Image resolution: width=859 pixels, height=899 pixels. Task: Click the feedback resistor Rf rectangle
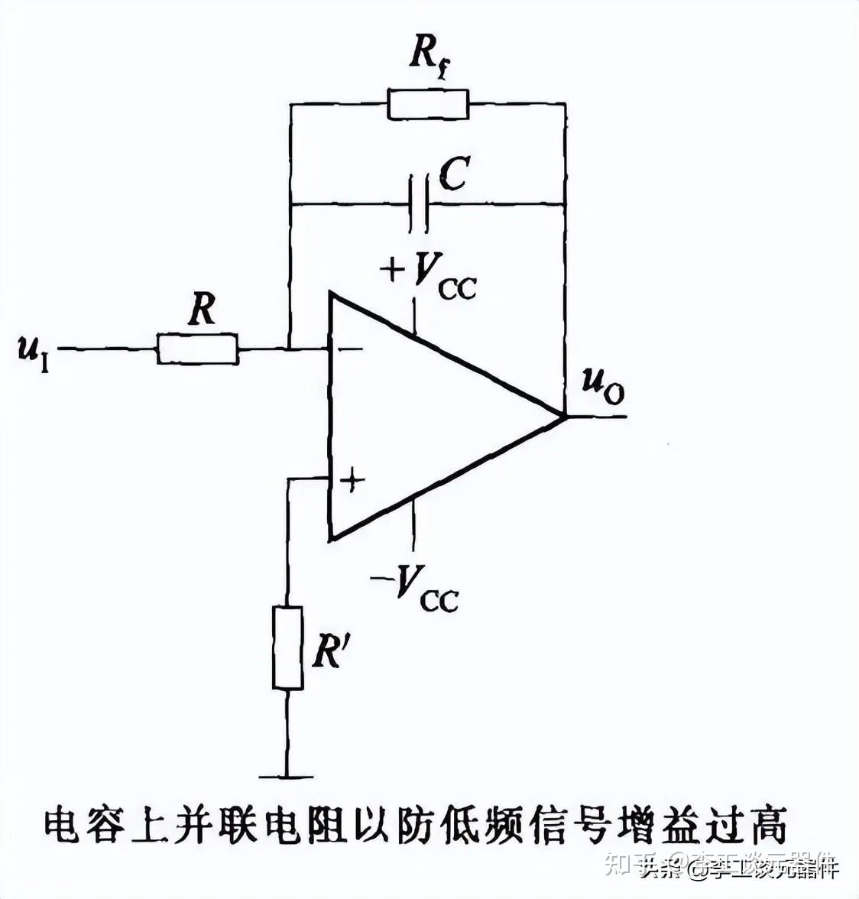pyautogui.click(x=427, y=103)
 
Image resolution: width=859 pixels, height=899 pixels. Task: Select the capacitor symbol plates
pyautogui.click(x=419, y=204)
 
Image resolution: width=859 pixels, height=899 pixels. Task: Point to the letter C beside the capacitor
pyautogui.click(x=455, y=174)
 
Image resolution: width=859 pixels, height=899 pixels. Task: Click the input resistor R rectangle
pyautogui.click(x=197, y=349)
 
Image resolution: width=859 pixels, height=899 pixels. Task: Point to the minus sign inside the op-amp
pyautogui.click(x=351, y=349)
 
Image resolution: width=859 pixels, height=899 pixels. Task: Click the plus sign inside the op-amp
pyautogui.click(x=352, y=480)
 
